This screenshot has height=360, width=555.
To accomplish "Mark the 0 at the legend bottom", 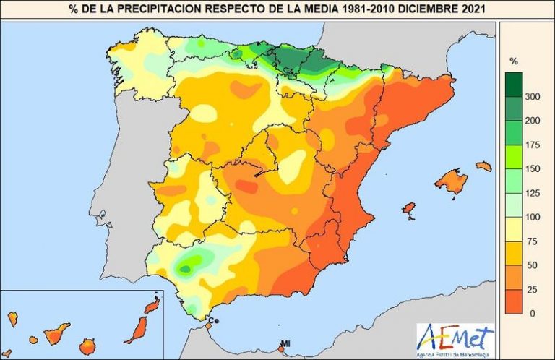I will coord(533,313).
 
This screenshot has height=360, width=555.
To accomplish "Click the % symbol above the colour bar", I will coord(514,61).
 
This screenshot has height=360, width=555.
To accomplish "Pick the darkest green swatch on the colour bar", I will coord(515,85).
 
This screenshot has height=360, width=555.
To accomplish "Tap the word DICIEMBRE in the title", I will coord(418,9).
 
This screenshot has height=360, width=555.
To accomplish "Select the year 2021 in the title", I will coord(465,9).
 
